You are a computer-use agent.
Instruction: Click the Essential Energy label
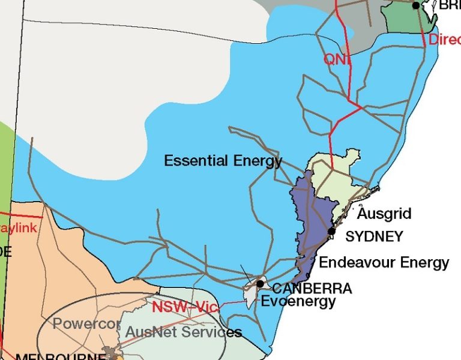[223, 161]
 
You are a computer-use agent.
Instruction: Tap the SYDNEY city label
[374, 236]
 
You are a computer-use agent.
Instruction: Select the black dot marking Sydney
[331, 231]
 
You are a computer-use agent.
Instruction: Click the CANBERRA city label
[312, 289]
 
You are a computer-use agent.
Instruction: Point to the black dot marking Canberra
[260, 283]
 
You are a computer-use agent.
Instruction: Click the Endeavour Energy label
[384, 262]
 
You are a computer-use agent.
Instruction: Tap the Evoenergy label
[298, 301]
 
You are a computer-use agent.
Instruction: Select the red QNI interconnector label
[335, 59]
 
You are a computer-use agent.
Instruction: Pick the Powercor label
[86, 324]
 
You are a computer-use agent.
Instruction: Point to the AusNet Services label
[183, 332]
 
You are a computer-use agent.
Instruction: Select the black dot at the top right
[416, 5]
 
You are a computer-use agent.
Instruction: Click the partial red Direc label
[444, 40]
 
